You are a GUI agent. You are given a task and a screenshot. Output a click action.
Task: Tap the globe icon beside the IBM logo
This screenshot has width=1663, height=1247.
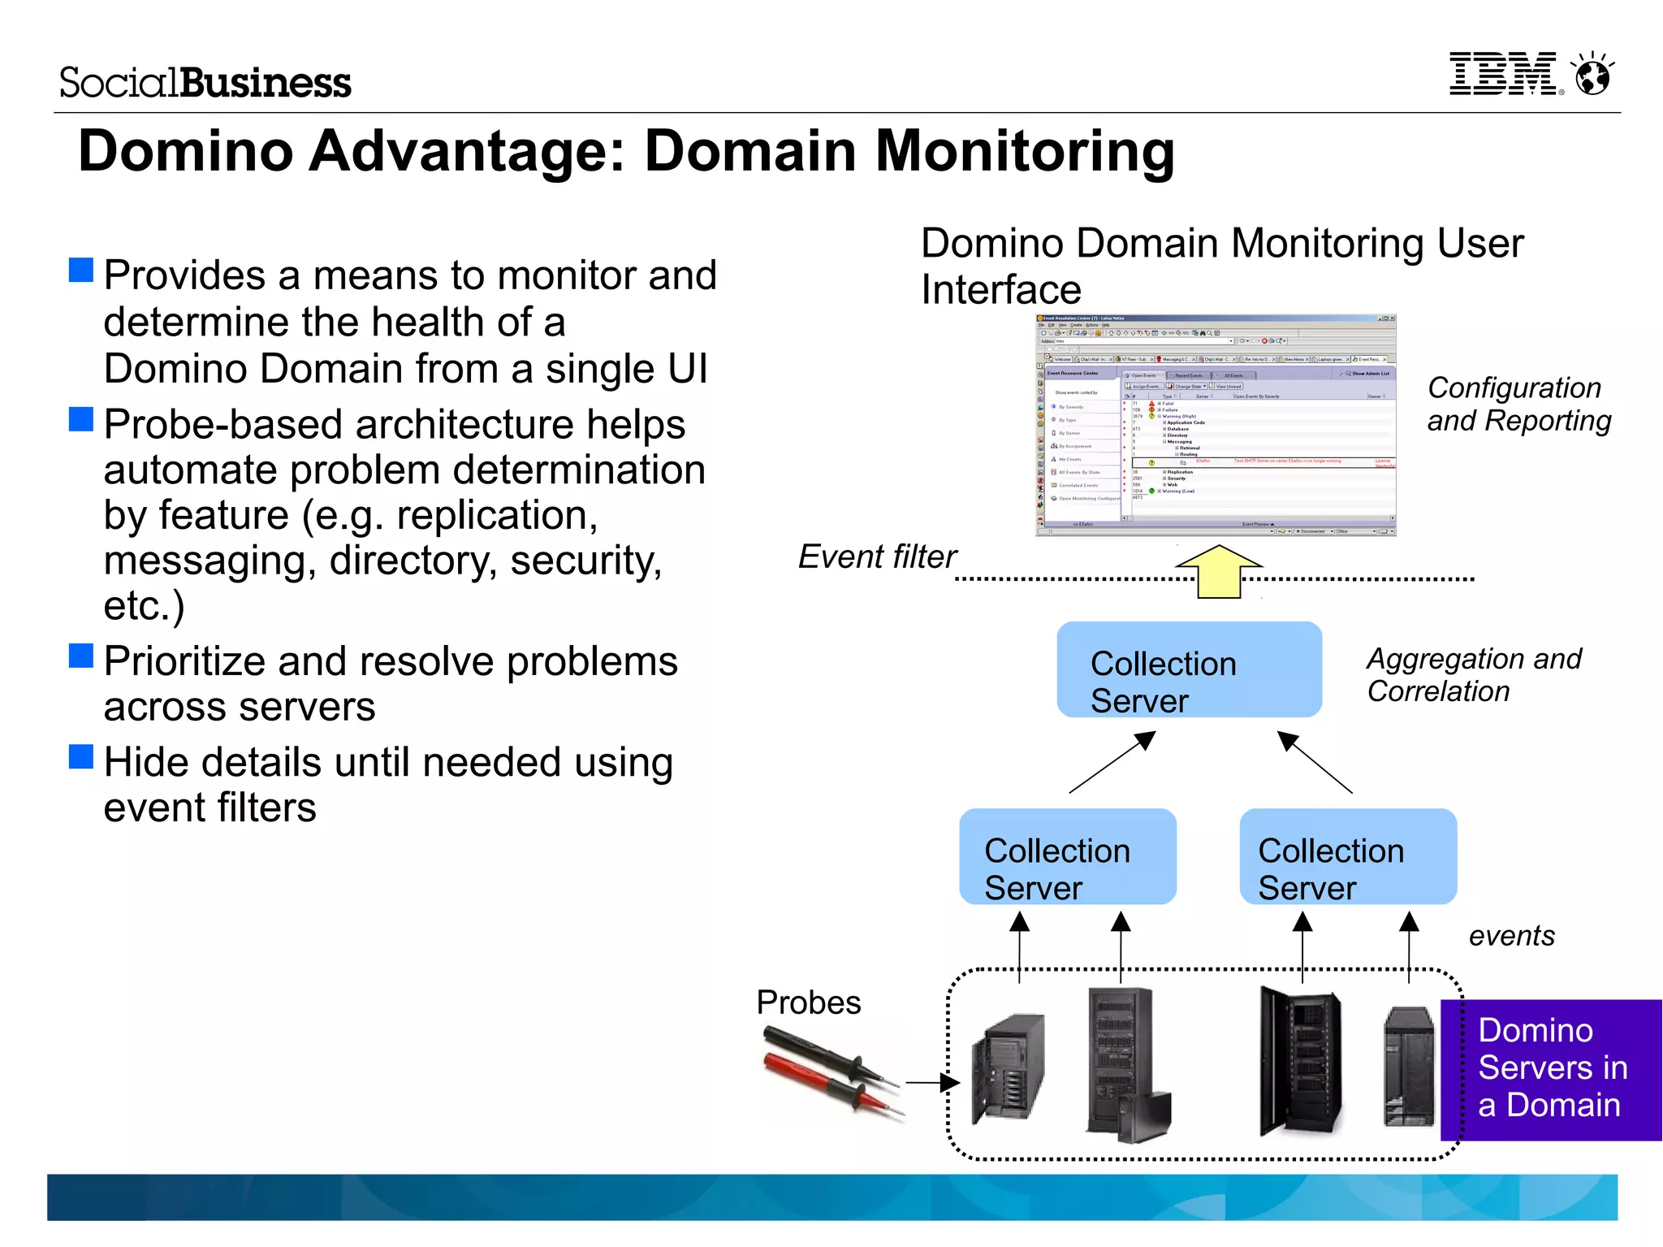pos(1592,76)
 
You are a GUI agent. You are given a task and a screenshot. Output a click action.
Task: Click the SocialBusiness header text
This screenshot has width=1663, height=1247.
pos(205,83)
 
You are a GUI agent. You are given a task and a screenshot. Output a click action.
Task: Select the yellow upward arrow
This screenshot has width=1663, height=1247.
pos(1219,571)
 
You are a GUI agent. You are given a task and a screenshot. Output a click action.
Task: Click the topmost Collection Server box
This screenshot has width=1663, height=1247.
pos(1189,669)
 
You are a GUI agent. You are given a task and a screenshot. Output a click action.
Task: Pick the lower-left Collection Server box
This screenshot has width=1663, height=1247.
pos(1067,856)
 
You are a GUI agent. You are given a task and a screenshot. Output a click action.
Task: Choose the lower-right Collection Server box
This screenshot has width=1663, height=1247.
pos(1347,856)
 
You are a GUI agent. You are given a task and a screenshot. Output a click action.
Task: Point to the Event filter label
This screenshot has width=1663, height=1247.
pos(877,557)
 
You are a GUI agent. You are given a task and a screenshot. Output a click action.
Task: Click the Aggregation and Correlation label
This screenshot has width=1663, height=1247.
pos(1473,674)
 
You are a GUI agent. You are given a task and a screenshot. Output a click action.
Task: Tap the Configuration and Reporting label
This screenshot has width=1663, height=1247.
pos(1518,405)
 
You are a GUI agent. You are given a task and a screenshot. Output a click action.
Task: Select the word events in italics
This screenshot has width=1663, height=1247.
pos(1511,936)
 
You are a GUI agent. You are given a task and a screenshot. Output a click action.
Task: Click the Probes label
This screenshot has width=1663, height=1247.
pos(808,1002)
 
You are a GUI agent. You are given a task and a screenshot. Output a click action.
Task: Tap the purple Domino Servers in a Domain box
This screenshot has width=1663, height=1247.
pos(1550,1069)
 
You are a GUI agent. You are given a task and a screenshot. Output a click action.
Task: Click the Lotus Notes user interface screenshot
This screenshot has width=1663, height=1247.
pos(1216,425)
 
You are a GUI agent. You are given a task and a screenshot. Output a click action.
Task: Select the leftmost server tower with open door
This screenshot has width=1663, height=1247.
pos(1008,1067)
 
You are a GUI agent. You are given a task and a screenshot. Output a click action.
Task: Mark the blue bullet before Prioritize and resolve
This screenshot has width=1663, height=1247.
pos(81,656)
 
